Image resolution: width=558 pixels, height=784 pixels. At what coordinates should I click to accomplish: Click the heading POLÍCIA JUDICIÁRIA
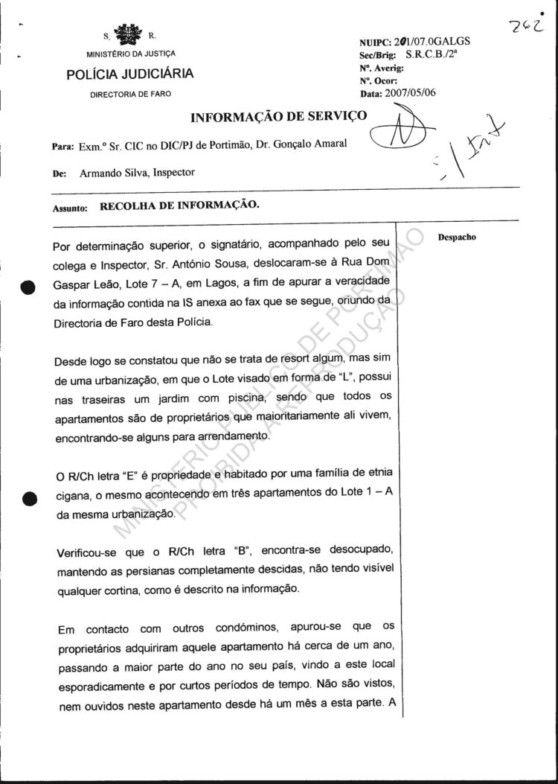tap(130, 74)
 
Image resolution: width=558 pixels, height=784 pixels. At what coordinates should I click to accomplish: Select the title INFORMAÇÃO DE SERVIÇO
tap(279, 117)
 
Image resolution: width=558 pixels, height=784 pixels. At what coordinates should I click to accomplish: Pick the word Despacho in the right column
tap(458, 238)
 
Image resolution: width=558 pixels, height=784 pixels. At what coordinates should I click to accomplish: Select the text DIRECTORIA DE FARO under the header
tap(130, 95)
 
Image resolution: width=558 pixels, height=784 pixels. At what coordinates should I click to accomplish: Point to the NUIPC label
tap(375, 43)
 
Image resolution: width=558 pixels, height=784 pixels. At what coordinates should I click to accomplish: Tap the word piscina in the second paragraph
tap(246, 400)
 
